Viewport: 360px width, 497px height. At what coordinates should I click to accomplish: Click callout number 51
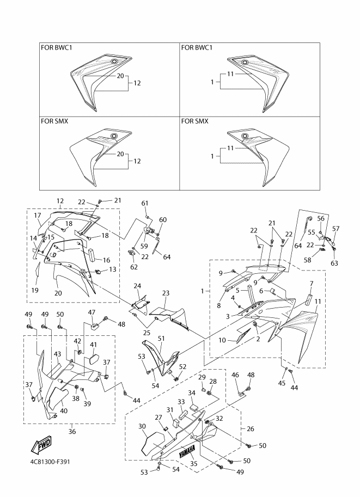tap(161, 338)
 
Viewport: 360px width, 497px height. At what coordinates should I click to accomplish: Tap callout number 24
tap(137, 286)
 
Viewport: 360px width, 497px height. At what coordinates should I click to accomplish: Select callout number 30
tap(142, 427)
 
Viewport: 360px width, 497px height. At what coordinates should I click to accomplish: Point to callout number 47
tap(91, 312)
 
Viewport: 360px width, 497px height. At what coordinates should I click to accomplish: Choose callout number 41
tap(93, 345)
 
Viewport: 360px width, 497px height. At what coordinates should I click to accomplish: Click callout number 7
tap(311, 284)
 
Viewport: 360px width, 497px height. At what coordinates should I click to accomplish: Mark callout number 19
tap(35, 291)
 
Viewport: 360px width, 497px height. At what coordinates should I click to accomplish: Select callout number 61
tap(145, 203)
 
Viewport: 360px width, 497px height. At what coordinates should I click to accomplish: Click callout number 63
tap(334, 263)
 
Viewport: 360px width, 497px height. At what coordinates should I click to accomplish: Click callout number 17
tap(38, 216)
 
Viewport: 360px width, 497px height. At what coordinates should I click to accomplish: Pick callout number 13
tap(113, 269)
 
